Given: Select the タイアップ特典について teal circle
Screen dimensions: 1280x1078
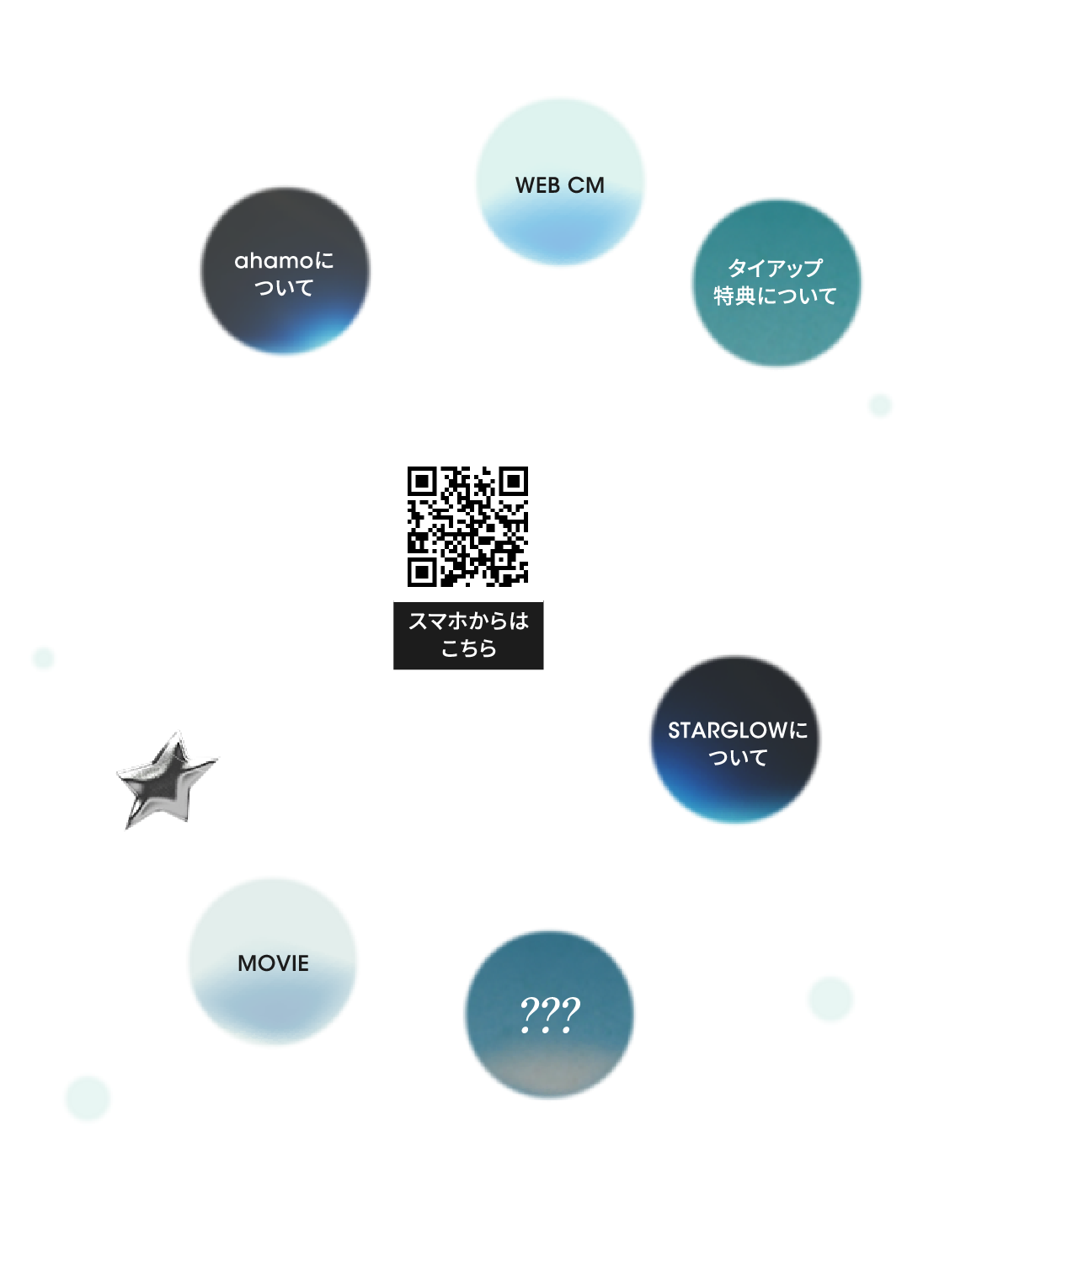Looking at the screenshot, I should pyautogui.click(x=775, y=283).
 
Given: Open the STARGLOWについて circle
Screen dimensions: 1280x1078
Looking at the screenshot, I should pyautogui.click(x=735, y=740).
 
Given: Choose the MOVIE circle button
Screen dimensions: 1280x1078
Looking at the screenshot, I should pyautogui.click(x=273, y=962).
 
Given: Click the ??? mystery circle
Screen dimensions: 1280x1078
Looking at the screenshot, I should pyautogui.click(x=549, y=1014).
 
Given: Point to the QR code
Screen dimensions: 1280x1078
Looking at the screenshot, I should pyautogui.click(x=467, y=526).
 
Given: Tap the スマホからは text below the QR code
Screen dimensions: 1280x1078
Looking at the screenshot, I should pyautogui.click(x=468, y=621).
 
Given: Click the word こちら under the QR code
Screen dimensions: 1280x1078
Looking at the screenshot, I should pyautogui.click(x=468, y=648).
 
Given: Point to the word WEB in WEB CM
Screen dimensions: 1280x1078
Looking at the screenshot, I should pyautogui.click(x=537, y=185).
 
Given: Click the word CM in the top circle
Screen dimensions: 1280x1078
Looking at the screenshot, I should pyautogui.click(x=586, y=185).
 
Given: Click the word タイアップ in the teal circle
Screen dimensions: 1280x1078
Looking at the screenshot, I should pyautogui.click(x=775, y=268).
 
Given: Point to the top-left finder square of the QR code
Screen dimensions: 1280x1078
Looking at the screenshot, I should pyautogui.click(x=421, y=481).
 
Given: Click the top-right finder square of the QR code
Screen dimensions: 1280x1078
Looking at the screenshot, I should pyautogui.click(x=514, y=481).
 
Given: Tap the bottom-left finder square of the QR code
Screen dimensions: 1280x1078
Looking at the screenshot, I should pyautogui.click(x=421, y=573).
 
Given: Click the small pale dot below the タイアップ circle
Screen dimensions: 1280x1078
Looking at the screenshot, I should pyautogui.click(x=880, y=405).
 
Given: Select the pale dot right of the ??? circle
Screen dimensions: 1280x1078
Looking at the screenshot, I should pyautogui.click(x=830, y=1000).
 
